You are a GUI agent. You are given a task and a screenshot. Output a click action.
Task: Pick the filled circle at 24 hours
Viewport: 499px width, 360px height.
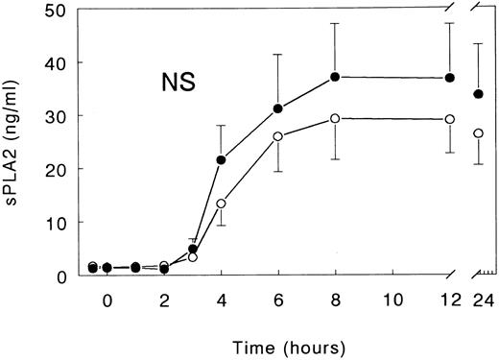tap(478, 94)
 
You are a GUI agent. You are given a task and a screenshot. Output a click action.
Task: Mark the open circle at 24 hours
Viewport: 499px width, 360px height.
tap(478, 133)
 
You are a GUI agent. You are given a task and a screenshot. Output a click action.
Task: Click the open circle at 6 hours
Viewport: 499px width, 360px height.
tap(278, 136)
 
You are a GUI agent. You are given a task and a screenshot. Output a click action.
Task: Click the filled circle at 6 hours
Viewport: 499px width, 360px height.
tap(278, 108)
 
